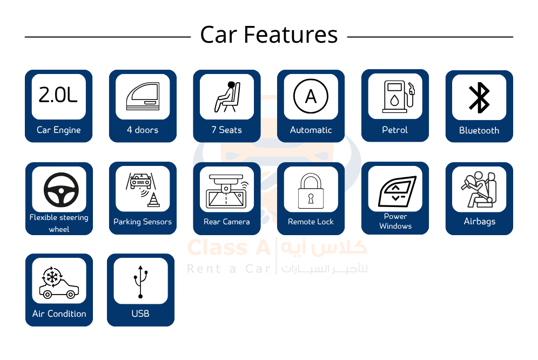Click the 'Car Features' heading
(x=269, y=35)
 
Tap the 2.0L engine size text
(x=58, y=95)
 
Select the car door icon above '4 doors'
(x=143, y=96)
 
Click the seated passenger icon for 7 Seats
(x=227, y=97)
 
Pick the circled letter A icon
(x=311, y=96)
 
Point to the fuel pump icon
(x=399, y=97)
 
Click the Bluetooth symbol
(x=479, y=97)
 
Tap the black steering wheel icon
(x=61, y=190)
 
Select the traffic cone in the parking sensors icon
(x=153, y=200)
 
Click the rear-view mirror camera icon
(x=226, y=192)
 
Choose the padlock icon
(x=311, y=191)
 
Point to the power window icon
(x=397, y=191)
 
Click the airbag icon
(x=479, y=190)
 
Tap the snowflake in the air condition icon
(x=52, y=277)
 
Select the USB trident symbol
(x=140, y=282)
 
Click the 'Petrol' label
(x=395, y=130)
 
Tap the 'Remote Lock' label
(x=311, y=222)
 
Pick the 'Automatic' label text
(x=311, y=130)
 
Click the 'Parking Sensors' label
(x=143, y=222)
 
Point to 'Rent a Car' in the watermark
(x=229, y=269)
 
